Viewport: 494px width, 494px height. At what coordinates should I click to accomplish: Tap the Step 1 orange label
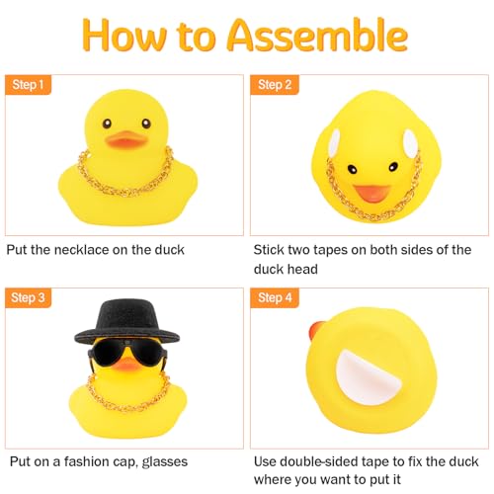pos(30,85)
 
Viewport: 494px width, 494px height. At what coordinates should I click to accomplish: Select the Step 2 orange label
pos(276,85)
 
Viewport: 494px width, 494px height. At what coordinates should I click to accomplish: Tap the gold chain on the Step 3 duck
pos(128,397)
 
